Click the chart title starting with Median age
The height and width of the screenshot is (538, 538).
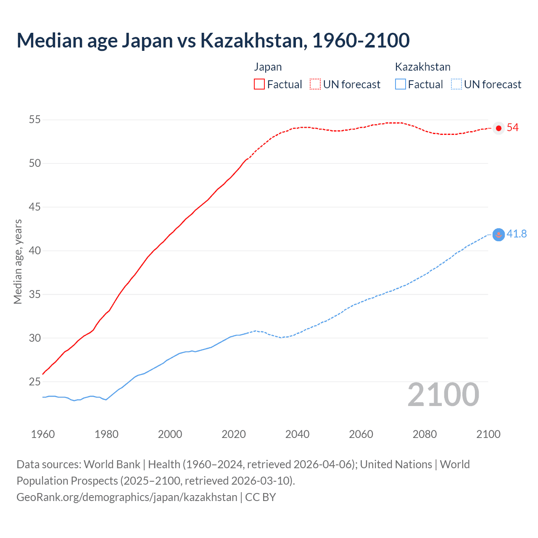pos(213,40)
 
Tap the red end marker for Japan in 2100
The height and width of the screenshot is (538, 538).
pos(498,128)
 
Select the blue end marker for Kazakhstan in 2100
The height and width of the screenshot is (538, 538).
pos(498,235)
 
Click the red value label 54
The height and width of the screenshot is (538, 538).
pos(512,128)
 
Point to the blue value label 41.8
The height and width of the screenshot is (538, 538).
pos(517,234)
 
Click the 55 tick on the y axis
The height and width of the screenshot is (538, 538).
pos(35,120)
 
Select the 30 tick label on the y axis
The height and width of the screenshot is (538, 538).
pos(35,338)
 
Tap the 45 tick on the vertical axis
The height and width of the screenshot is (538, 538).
pos(35,207)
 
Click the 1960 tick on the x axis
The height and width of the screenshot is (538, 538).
pos(43,434)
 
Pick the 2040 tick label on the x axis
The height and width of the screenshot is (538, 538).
pos(297,434)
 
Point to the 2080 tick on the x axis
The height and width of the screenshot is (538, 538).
pos(425,434)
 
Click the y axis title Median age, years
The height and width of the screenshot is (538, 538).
pos(18,261)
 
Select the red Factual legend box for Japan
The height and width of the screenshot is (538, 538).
pos(259,84)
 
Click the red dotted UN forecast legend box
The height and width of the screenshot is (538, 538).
pos(315,84)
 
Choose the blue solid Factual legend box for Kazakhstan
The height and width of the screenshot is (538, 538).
pos(401,84)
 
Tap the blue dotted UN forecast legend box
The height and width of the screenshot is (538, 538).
pos(456,84)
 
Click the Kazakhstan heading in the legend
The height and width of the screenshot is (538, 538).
pos(422,67)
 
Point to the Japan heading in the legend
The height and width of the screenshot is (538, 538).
pos(268,67)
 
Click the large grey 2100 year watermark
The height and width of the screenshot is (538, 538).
pos(443,395)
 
